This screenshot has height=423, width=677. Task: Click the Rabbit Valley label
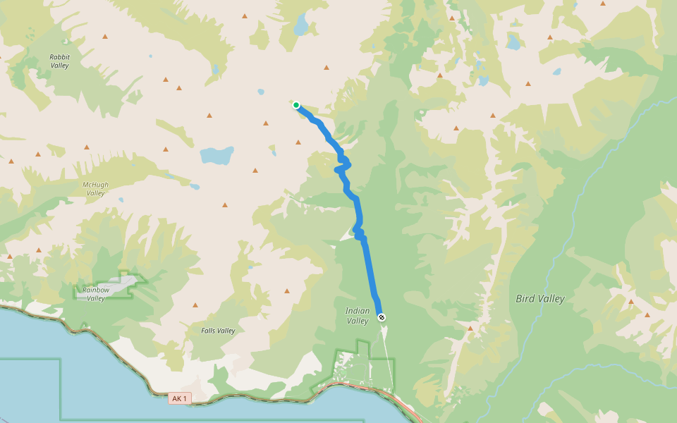click(60, 61)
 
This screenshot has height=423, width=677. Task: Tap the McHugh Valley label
click(95, 189)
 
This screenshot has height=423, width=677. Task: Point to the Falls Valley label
click(218, 331)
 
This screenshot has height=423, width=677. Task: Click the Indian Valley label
click(358, 316)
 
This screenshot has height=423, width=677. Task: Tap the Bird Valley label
click(540, 299)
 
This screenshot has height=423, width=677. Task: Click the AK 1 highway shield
click(180, 398)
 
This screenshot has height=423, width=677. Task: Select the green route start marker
click(296, 105)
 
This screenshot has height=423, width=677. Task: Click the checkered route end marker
click(382, 317)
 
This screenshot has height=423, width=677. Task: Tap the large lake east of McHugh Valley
click(216, 154)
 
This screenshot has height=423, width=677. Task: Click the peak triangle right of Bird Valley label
click(630, 302)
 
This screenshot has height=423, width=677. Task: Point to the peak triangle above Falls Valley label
click(196, 305)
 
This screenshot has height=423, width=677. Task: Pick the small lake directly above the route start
click(261, 92)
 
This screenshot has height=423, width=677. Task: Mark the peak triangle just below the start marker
click(298, 142)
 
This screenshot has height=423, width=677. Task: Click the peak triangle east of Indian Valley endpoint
click(470, 328)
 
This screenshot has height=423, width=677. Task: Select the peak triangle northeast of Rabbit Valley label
click(105, 36)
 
